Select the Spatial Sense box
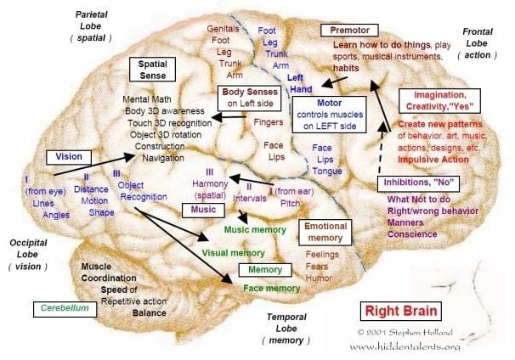[x=152, y=70]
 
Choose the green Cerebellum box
[x=65, y=309]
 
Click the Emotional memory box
[x=325, y=232]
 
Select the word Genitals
[x=224, y=28]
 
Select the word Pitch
[x=289, y=203]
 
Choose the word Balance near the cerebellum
[x=149, y=312]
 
